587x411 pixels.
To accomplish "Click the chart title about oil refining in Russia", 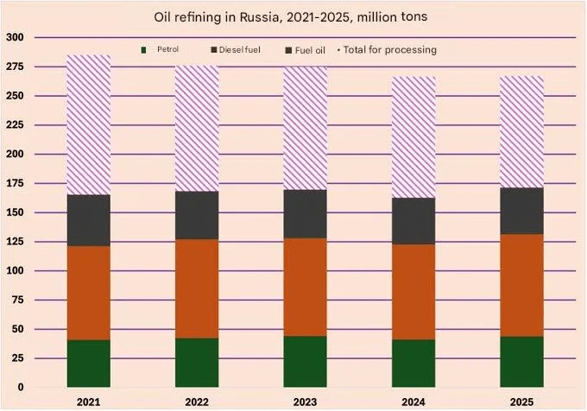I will click(294, 16).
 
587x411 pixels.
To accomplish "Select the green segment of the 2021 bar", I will click(89, 364).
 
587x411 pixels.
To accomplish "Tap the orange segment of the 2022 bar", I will click(197, 288).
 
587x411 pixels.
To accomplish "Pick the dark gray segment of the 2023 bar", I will click(305, 214).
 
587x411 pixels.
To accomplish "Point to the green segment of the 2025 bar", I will click(521, 362).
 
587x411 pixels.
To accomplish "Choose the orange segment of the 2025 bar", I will click(521, 285).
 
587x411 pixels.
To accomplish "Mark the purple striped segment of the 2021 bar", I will click(89, 125).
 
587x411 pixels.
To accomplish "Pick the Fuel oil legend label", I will click(310, 50).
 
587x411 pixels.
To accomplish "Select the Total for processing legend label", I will click(389, 50).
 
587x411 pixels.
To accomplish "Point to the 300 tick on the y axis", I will click(15, 38).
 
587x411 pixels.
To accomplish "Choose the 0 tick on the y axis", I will click(20, 388).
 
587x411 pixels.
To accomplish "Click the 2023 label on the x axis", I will click(305, 402).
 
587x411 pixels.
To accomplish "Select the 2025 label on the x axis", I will click(521, 402).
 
